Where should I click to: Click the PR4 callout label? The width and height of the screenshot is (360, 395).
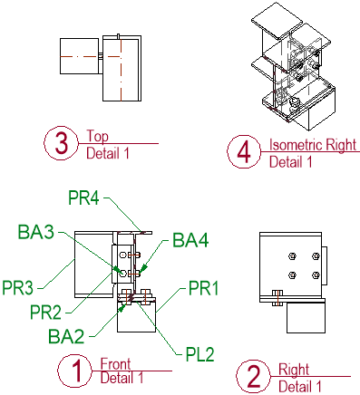(83, 197)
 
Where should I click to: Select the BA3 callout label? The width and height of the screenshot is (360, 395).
(36, 232)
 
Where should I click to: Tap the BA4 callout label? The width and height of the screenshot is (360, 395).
(190, 240)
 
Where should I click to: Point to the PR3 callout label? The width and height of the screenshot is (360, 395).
(17, 287)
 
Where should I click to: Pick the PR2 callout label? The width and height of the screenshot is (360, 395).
(45, 312)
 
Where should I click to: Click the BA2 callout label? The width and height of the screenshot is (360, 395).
(66, 336)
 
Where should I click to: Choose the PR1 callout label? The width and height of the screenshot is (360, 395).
(203, 288)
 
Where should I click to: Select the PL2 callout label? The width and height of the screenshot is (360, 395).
(199, 354)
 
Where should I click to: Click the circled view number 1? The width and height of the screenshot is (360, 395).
(74, 371)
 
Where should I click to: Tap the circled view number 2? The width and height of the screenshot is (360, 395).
(253, 377)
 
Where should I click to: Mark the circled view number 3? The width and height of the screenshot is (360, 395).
(61, 143)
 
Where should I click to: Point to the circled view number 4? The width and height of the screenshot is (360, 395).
(244, 151)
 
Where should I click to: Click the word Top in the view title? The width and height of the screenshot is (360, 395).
(97, 137)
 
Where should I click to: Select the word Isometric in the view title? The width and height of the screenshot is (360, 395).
(297, 145)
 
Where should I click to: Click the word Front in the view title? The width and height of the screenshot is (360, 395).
(115, 364)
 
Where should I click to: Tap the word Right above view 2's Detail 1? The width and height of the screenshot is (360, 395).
(294, 370)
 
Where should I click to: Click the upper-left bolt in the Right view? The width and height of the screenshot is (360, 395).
(292, 256)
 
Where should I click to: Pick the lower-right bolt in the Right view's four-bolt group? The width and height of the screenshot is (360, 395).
(316, 275)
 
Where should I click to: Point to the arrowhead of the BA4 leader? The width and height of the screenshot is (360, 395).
(143, 268)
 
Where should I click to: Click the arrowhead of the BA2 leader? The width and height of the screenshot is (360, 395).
(122, 308)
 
